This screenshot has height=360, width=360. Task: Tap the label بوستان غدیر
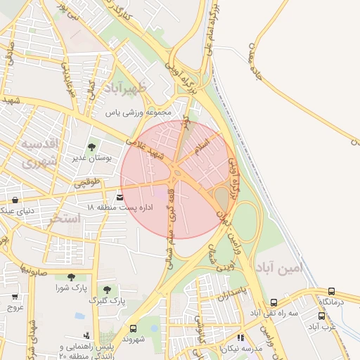click(x=91, y=157)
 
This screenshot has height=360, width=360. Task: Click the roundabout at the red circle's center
click(x=175, y=172)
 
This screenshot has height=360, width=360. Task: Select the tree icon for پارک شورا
click(x=70, y=277)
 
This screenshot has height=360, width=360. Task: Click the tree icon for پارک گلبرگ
click(x=107, y=289)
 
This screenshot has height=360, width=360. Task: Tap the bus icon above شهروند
click(x=133, y=328)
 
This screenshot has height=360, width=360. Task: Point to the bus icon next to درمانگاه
click(x=331, y=291)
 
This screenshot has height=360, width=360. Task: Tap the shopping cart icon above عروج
click(x=15, y=297)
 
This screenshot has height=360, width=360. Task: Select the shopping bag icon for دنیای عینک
click(x=15, y=200)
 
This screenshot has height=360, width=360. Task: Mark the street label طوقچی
click(x=87, y=183)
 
